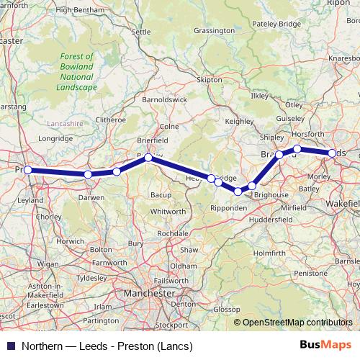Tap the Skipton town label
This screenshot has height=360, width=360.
tap(210, 80)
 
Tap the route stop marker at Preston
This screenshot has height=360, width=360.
tap(27, 170)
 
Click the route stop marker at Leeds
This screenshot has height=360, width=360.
tap(333, 153)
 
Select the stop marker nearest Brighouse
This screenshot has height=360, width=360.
tap(252, 186)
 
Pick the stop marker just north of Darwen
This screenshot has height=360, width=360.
tap(88, 174)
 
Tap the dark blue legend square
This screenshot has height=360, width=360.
tap(9, 346)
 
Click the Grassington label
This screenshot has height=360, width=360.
tap(215, 31)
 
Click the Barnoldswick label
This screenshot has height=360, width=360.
tap(165, 99)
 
